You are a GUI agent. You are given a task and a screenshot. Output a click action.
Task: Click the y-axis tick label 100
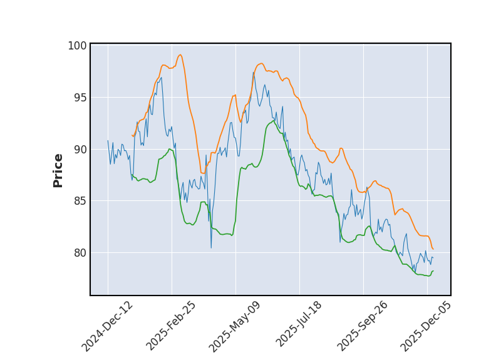click(77, 46)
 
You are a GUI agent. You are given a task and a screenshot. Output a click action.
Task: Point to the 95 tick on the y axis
click(80, 98)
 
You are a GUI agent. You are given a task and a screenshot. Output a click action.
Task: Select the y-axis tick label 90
click(80, 150)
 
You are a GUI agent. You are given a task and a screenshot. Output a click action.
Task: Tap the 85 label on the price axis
click(80, 201)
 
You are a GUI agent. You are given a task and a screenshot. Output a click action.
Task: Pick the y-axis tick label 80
click(80, 253)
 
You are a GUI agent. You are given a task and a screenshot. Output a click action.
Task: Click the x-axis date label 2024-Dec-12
click(108, 326)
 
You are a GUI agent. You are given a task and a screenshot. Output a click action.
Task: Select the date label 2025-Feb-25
click(172, 326)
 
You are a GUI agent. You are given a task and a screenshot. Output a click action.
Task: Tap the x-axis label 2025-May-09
click(235, 326)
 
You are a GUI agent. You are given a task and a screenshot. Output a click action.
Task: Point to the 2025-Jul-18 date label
click(299, 326)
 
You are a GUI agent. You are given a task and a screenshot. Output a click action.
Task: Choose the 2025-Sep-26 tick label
click(363, 326)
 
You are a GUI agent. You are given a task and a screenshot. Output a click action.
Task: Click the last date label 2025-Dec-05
click(426, 326)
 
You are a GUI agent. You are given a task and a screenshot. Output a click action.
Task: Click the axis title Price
click(58, 170)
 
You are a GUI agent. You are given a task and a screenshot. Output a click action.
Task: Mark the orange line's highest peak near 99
click(180, 54)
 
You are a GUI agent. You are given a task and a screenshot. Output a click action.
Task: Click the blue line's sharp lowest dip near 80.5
click(211, 247)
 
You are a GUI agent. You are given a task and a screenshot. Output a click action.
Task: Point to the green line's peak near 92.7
click(273, 120)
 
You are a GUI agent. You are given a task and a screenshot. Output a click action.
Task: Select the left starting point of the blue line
click(108, 141)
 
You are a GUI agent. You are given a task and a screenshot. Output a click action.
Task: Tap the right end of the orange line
click(433, 249)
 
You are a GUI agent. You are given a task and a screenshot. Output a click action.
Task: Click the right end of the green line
click(433, 271)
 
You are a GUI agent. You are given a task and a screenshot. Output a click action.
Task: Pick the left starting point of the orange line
click(132, 135)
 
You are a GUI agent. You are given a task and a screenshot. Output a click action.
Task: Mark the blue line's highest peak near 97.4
click(254, 72)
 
